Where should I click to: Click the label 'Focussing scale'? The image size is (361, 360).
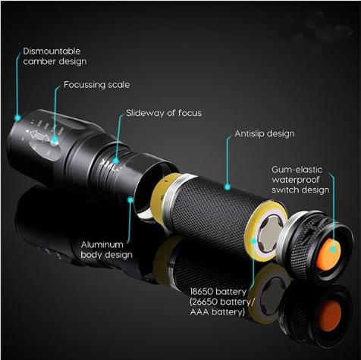96,85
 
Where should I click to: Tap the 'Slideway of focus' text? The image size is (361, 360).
164,113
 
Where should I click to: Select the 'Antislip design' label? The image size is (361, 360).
265,133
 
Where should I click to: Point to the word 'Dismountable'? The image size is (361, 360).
52,51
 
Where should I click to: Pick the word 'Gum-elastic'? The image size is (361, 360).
297,169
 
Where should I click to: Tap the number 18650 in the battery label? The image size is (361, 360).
201,292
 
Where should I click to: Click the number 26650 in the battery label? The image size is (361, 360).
205,302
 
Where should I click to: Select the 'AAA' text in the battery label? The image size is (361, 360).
199,311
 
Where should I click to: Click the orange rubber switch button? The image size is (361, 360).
328,255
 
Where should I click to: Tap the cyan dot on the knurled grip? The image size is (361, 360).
228,187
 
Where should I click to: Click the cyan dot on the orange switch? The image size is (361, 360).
334,249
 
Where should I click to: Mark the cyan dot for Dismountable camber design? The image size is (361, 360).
17,117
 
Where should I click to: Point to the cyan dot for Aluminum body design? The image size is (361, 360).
130,200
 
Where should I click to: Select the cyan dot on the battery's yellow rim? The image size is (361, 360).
253,241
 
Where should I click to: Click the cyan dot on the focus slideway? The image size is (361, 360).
115,161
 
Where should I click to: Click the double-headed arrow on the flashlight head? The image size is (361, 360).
39,136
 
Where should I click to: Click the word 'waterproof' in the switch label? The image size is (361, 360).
296,180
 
